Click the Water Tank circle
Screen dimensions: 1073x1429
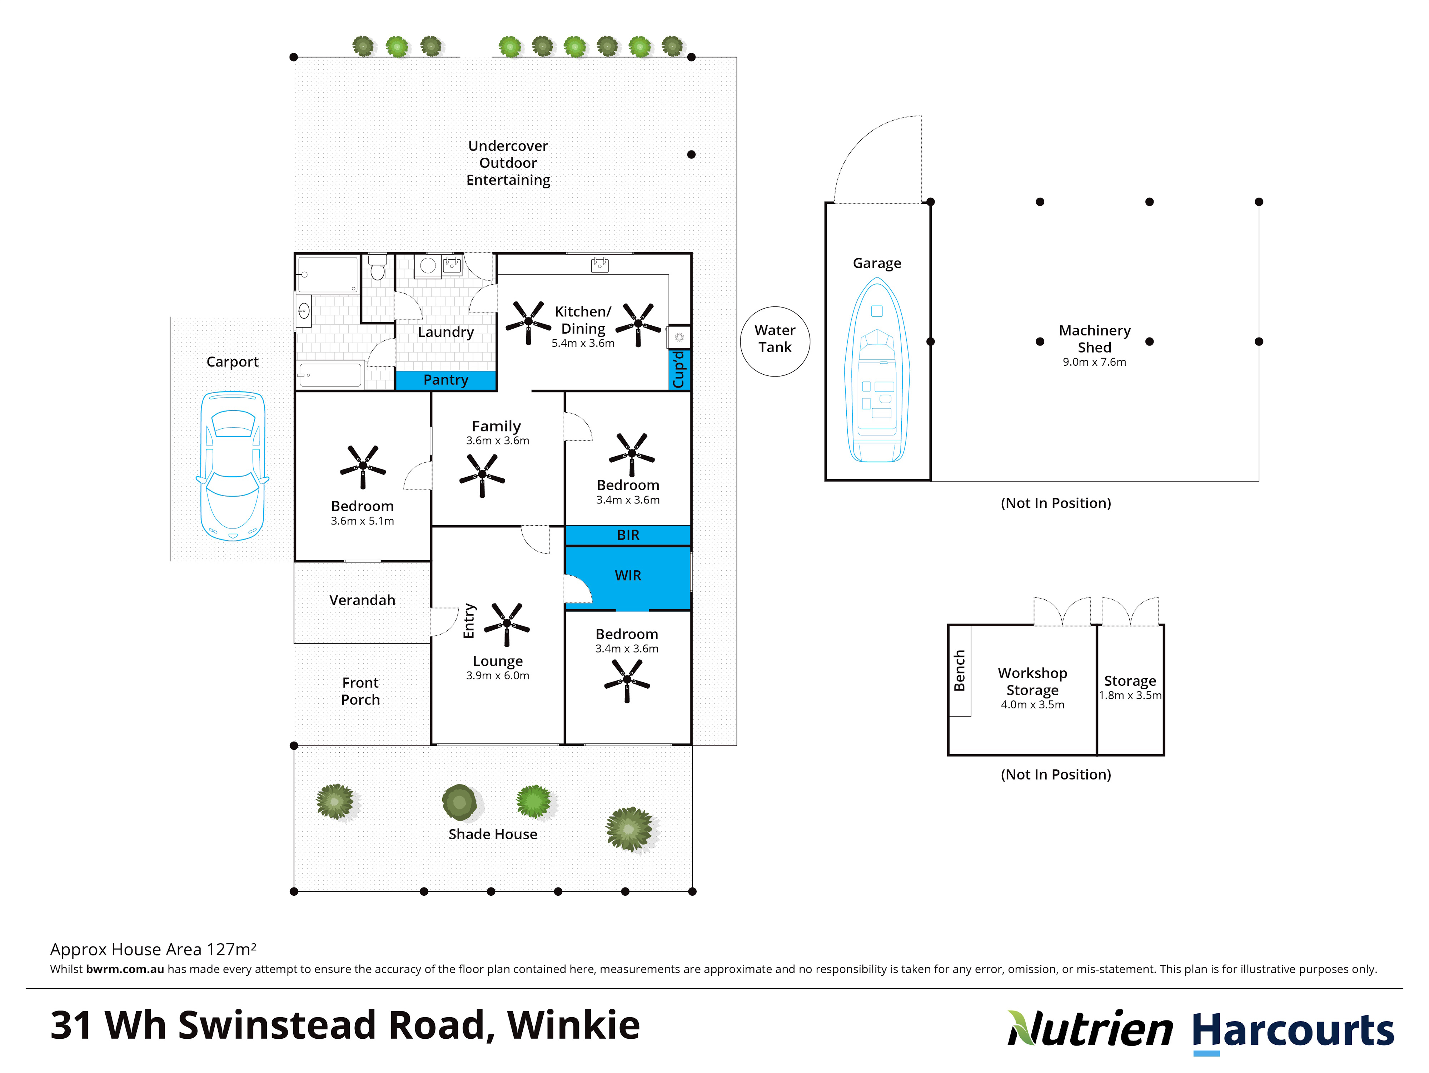coord(775,341)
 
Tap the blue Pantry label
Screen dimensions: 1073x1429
coord(446,380)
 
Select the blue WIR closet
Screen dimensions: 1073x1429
coord(628,576)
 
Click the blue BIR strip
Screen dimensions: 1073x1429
coord(628,535)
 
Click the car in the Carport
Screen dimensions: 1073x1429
coord(233,466)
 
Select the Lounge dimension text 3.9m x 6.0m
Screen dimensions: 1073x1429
coord(497,675)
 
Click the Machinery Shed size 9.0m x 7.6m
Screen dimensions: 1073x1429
coord(1094,362)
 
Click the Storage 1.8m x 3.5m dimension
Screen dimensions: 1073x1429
coord(1130,695)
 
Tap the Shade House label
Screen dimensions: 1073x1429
coord(493,835)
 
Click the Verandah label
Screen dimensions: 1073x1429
coord(362,600)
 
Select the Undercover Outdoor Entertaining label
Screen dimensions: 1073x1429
coord(508,163)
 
